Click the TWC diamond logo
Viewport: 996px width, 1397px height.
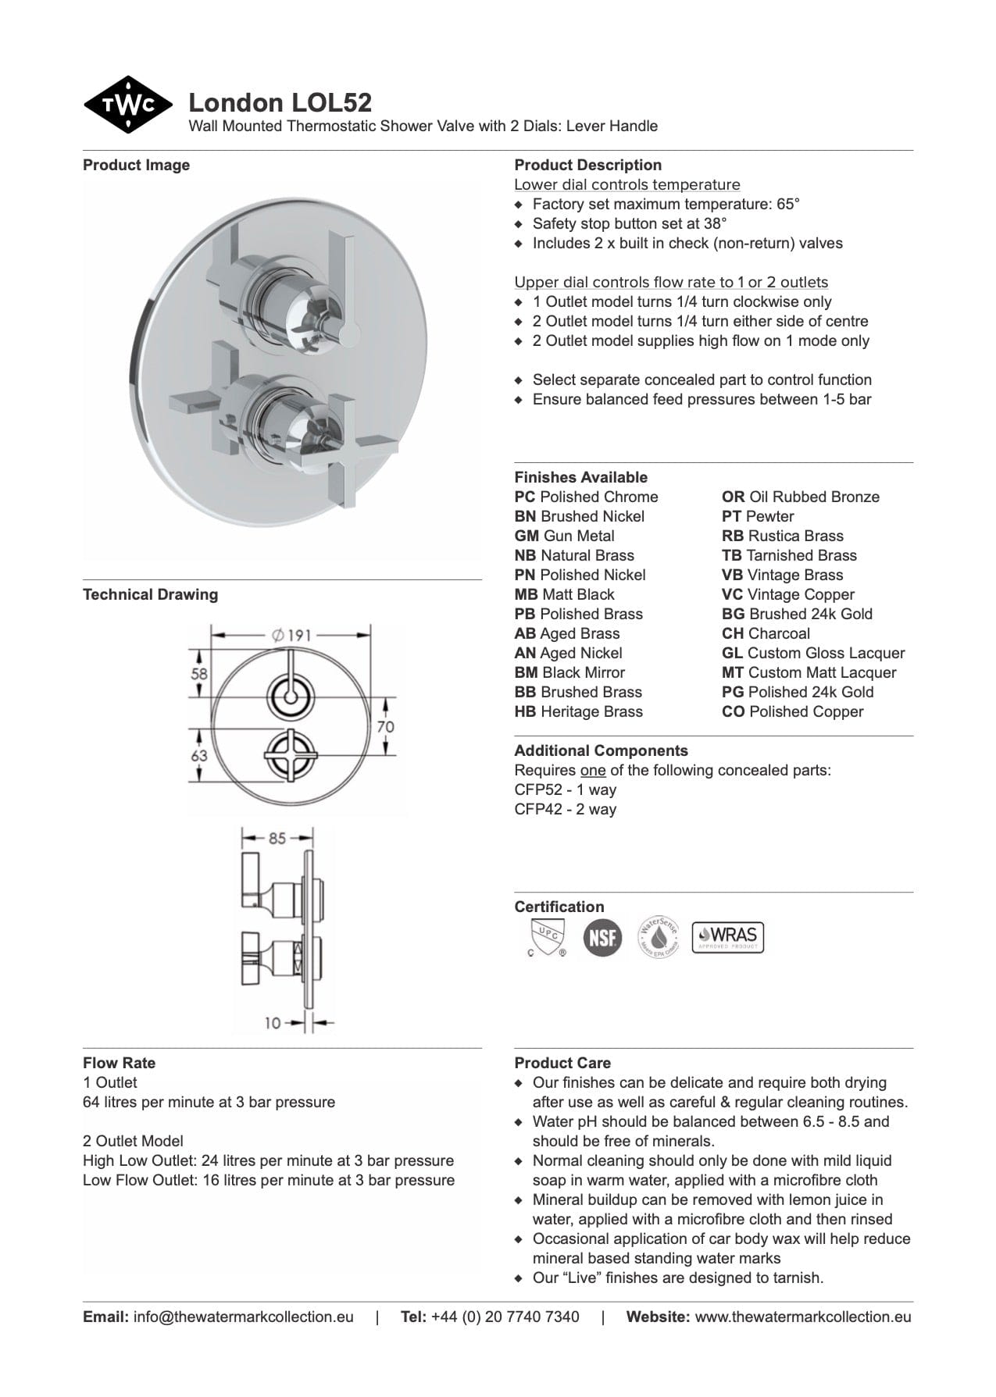click(127, 105)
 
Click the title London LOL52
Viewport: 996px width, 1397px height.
click(280, 102)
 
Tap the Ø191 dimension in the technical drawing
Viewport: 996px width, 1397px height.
click(291, 635)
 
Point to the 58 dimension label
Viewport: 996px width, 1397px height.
click(199, 673)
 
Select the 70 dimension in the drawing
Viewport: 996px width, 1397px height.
click(385, 726)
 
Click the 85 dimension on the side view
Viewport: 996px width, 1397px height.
click(277, 838)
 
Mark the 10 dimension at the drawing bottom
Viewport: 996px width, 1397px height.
click(272, 1022)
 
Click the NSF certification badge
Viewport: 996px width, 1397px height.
click(602, 937)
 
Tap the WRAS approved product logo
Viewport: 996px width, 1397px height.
click(727, 936)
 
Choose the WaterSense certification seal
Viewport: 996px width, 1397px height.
click(658, 937)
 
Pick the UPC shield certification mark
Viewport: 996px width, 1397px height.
click(547, 937)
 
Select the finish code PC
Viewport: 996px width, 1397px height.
click(525, 497)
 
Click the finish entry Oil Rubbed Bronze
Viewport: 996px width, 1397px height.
click(801, 497)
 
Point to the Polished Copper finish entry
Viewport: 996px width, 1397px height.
click(793, 712)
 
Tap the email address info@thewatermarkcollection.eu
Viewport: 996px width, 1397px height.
click(243, 1317)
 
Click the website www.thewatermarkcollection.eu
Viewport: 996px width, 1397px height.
click(802, 1317)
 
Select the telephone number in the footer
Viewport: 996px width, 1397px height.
click(505, 1317)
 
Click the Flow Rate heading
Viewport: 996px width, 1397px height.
click(119, 1063)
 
